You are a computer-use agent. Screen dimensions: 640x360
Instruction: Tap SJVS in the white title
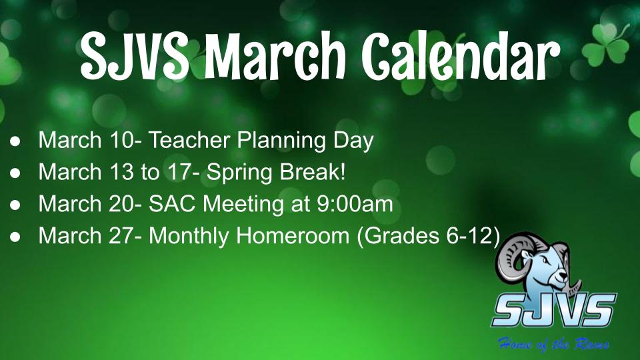tap(134, 56)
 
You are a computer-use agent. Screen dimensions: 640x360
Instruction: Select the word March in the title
tap(275, 56)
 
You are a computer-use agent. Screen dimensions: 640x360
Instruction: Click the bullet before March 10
tap(15, 141)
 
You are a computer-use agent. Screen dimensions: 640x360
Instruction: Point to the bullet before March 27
tap(15, 237)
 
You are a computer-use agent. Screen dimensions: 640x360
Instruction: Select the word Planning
tap(281, 141)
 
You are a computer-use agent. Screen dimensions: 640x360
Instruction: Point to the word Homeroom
tap(293, 236)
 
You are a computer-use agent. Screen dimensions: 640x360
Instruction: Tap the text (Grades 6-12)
tap(428, 236)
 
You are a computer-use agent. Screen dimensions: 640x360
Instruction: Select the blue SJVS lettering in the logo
tap(554, 309)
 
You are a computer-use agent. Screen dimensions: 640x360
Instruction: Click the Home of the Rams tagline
tap(553, 344)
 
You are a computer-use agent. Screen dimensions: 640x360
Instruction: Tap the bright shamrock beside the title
tap(606, 45)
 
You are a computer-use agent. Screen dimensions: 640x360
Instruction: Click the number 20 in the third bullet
tap(121, 204)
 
